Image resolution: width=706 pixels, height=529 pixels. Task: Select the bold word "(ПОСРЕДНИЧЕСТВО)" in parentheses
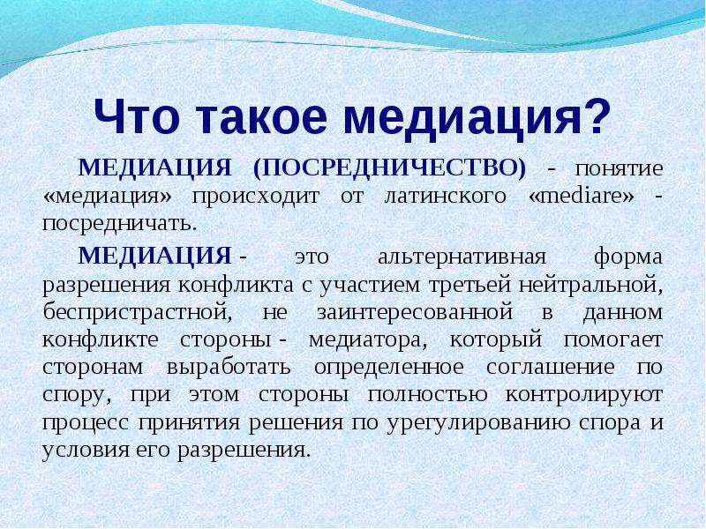click(389, 168)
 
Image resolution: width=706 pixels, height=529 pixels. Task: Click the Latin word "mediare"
click(581, 196)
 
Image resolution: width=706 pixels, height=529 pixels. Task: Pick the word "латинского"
click(445, 197)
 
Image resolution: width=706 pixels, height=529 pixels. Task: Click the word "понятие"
click(619, 169)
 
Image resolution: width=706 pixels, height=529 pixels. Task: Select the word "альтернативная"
click(462, 257)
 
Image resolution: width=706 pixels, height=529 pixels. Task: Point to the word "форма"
click(628, 257)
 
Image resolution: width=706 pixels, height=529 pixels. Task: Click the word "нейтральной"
click(590, 286)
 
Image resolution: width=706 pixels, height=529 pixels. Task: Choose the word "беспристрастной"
click(137, 312)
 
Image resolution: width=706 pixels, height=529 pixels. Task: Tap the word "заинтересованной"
click(415, 313)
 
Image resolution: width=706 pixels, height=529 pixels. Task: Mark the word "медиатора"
click(367, 340)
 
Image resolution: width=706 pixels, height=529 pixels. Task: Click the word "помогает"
click(612, 340)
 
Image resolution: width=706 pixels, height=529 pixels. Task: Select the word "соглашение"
click(550, 368)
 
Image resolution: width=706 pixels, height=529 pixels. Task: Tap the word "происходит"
click(256, 197)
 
